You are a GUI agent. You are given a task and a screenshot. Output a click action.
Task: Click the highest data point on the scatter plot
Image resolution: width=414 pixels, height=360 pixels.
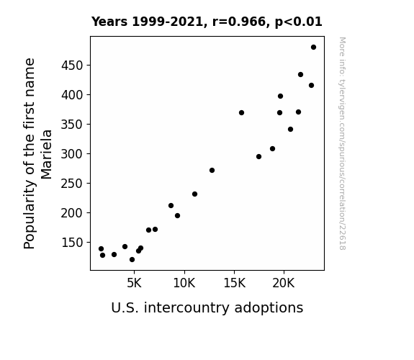coord(313,48)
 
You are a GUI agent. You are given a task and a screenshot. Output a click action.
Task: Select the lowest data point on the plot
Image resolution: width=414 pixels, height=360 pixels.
coord(132,260)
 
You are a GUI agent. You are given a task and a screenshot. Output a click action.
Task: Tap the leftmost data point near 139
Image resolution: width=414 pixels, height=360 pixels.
coord(101,249)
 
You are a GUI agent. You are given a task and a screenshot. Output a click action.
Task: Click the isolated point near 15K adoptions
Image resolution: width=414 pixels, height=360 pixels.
coord(241,113)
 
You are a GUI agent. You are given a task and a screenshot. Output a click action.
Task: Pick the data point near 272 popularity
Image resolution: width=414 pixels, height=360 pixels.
coord(212,171)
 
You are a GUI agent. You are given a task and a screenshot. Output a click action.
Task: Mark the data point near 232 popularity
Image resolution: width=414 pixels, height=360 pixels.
coord(194,194)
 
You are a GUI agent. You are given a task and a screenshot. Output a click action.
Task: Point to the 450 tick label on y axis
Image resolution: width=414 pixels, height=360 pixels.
coord(72,66)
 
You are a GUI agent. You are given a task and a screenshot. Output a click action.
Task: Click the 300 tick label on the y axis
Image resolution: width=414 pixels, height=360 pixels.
coord(72,153)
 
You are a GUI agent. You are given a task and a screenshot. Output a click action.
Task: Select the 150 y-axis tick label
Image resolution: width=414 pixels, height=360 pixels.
coord(72,243)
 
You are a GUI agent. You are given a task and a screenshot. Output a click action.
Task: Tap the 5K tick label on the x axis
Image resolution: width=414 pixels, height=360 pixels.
coord(134,283)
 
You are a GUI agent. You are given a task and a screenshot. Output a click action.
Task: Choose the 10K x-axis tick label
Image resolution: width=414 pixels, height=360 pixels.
coord(184,283)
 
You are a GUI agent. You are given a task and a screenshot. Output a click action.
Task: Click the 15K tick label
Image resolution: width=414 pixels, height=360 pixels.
coord(234,283)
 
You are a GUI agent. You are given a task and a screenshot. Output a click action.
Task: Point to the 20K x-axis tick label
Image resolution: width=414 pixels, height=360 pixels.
coord(284,283)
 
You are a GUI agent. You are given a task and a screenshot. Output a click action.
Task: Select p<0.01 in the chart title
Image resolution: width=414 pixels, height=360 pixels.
coord(299,22)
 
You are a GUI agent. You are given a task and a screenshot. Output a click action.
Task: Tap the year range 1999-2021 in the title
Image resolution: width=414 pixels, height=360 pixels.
coord(168,22)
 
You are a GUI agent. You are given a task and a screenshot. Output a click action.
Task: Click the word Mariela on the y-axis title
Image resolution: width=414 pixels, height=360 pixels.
coord(47,155)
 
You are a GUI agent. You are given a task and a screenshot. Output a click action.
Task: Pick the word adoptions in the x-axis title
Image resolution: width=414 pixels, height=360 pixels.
coord(269,307)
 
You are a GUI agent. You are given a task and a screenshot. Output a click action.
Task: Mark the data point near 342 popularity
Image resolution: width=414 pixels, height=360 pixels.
coord(290,130)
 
